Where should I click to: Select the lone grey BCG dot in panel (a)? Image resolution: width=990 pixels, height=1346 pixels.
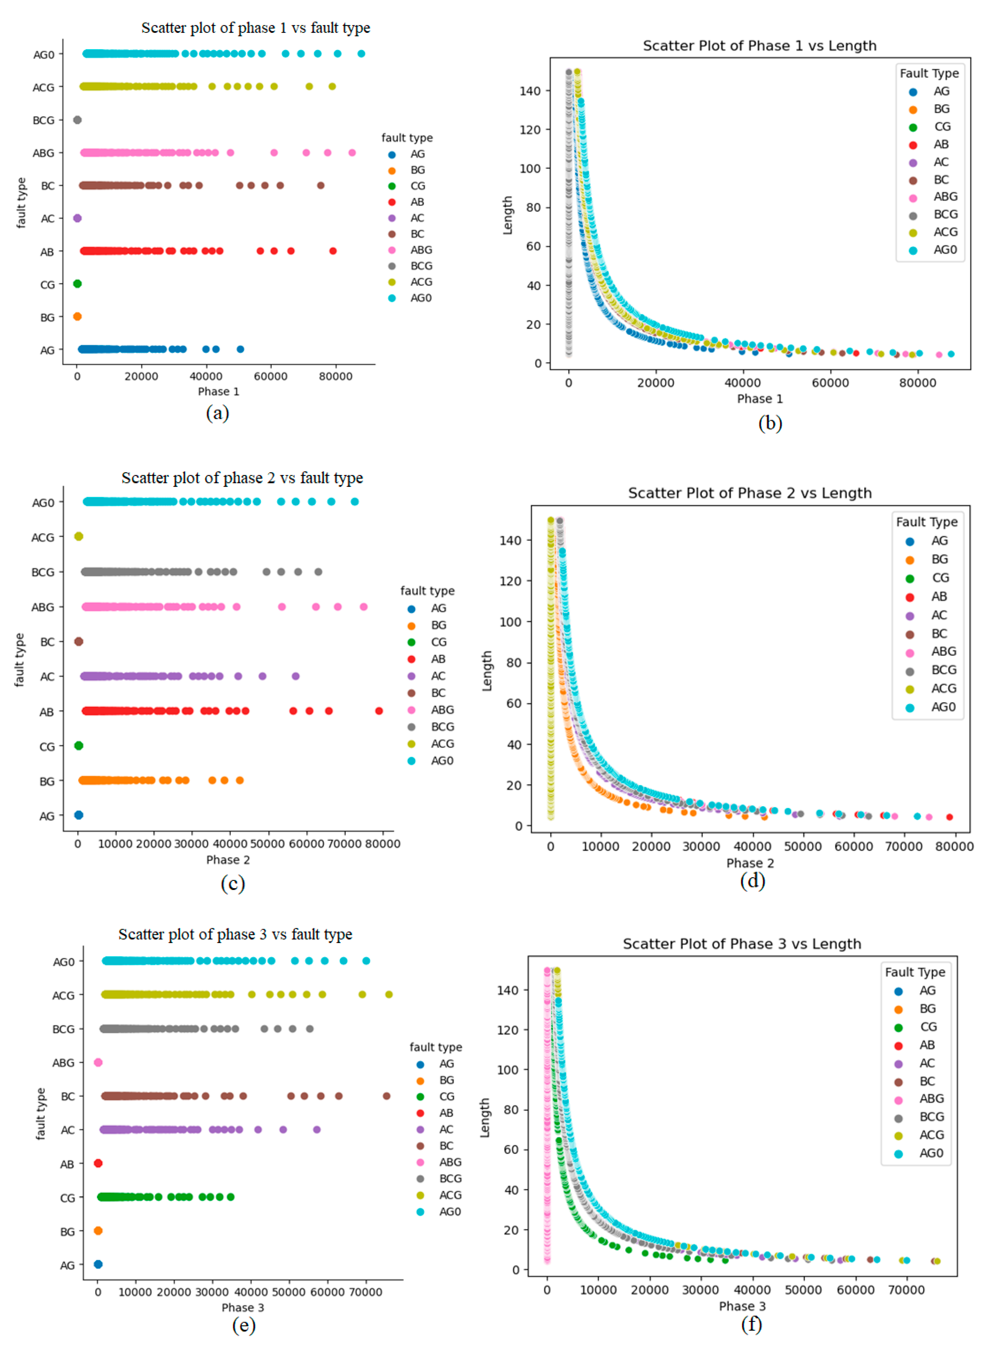pyautogui.click(x=77, y=120)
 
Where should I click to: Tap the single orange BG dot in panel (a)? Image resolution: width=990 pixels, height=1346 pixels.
pyautogui.click(x=77, y=316)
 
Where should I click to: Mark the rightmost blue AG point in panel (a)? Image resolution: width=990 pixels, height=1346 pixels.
pyautogui.click(x=240, y=349)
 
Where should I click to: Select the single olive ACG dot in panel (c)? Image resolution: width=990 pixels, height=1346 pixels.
pyautogui.click(x=78, y=536)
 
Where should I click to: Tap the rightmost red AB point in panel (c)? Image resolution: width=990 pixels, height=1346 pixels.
pyautogui.click(x=379, y=711)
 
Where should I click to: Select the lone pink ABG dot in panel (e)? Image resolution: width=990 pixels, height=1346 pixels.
pyautogui.click(x=98, y=1062)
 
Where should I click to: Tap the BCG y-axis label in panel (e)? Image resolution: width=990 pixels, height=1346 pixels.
pyautogui.click(x=64, y=1029)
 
